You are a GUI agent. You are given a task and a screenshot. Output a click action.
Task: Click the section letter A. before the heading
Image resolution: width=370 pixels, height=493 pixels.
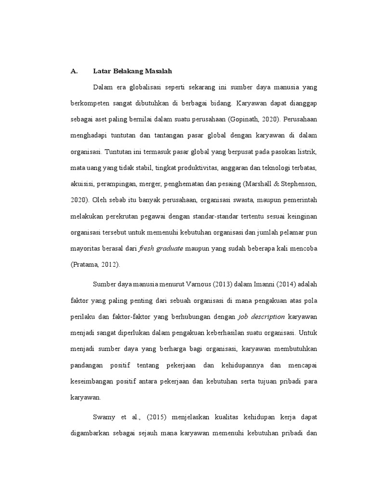coord(74,71)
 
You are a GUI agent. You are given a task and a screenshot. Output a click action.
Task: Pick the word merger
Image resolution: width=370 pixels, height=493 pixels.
coord(158,184)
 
